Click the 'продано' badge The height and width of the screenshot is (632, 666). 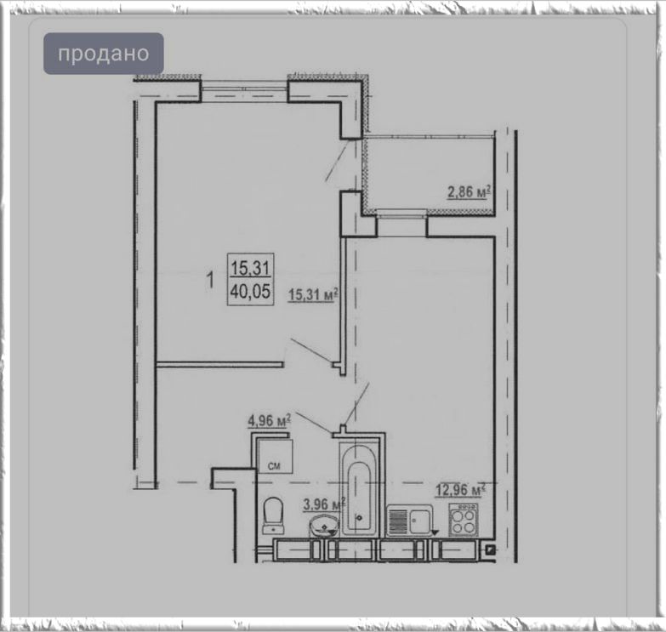pos(104,54)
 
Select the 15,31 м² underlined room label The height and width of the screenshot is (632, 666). pos(314,294)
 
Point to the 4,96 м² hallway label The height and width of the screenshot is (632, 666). pos(270,421)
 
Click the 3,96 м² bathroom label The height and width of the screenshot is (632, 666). pos(324,504)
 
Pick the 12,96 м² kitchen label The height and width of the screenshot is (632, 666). pos(460,490)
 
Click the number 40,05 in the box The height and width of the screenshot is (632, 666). pos(251,292)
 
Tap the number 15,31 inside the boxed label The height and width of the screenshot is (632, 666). pos(251,268)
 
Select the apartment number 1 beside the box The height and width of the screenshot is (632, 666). pos(210,281)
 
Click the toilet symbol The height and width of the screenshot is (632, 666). pos(274,515)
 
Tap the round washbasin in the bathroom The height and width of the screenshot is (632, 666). pos(325,526)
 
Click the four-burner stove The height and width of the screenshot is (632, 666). pos(464,520)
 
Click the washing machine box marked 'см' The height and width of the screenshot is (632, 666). pos(275,456)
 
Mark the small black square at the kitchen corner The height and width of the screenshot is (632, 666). pos(491,550)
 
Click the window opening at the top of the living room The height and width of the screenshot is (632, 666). pos(244,92)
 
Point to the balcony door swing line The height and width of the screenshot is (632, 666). pos(337,160)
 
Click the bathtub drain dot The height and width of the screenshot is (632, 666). pos(360,518)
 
